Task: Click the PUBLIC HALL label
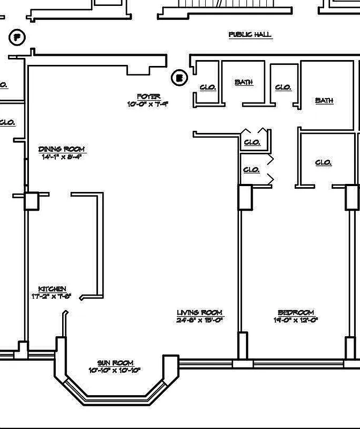[250, 35]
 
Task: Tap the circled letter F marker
[18, 38]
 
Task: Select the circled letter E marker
[179, 78]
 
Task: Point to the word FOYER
[148, 97]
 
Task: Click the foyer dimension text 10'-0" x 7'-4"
[148, 104]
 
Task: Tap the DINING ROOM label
[62, 149]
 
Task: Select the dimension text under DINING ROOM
[62, 157]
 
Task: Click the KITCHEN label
[52, 289]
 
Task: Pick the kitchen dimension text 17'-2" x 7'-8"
[52, 297]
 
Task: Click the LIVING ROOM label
[199, 313]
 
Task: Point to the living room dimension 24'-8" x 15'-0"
[199, 320]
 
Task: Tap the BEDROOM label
[296, 313]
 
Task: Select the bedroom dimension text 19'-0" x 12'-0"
[296, 320]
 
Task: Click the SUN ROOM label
[115, 363]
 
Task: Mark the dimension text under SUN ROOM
[115, 371]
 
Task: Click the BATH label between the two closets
[243, 83]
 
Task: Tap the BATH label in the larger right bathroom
[324, 100]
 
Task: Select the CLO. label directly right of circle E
[208, 87]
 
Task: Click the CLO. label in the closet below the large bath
[323, 162]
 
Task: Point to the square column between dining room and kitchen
[32, 201]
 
